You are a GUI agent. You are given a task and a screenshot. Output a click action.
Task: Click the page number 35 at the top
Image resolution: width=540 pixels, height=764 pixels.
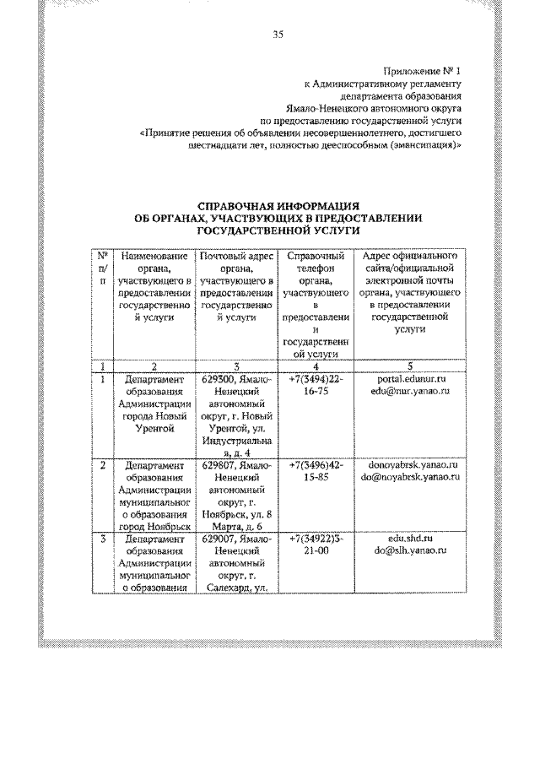point(278,34)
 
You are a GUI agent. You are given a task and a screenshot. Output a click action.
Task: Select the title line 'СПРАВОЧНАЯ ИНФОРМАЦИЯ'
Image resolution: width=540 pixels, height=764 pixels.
point(278,205)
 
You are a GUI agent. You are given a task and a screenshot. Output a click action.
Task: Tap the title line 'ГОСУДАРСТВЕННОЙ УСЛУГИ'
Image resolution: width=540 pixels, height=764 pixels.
point(278,229)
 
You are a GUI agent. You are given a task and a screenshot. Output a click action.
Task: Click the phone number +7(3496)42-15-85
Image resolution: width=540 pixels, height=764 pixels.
point(316,471)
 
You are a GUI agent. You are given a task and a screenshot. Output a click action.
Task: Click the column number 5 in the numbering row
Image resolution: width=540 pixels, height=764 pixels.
point(408,366)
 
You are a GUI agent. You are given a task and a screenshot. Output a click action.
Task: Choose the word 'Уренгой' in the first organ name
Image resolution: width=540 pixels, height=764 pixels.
point(154,429)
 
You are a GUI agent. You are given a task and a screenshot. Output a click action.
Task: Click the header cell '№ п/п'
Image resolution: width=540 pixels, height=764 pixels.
point(102,268)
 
